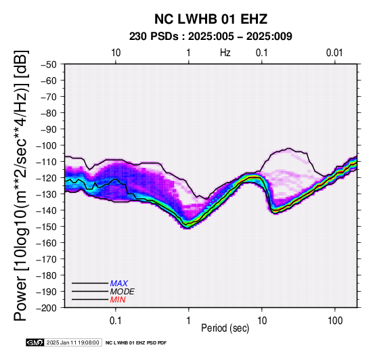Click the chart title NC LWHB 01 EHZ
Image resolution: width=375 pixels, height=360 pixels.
[x=211, y=19]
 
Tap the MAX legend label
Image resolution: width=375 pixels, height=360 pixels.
[x=119, y=284]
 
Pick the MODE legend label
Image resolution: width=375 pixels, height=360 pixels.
[x=123, y=292]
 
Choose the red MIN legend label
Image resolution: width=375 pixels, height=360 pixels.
[x=118, y=300]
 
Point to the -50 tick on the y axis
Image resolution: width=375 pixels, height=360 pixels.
[x=49, y=64]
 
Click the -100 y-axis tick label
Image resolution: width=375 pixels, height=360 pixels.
[x=47, y=145]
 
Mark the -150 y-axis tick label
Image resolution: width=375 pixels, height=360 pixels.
[x=47, y=227]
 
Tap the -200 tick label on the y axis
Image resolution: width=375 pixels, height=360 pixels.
[x=47, y=308]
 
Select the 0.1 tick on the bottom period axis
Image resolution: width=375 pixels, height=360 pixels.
[x=116, y=320]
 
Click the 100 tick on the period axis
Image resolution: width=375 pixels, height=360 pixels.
[x=335, y=320]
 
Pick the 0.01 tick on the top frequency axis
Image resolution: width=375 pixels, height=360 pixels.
[x=334, y=53]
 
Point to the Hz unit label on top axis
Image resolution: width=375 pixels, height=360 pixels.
[x=225, y=53]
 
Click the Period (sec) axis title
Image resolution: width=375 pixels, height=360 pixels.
[x=225, y=328]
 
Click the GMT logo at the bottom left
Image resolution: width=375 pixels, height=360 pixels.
[x=35, y=342]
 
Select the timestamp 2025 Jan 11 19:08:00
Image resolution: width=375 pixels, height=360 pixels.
[x=72, y=342]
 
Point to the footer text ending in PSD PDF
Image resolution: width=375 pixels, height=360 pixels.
[x=136, y=343]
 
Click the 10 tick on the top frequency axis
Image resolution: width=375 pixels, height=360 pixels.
[x=116, y=53]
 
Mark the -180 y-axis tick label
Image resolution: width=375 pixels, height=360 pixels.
[x=47, y=275]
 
